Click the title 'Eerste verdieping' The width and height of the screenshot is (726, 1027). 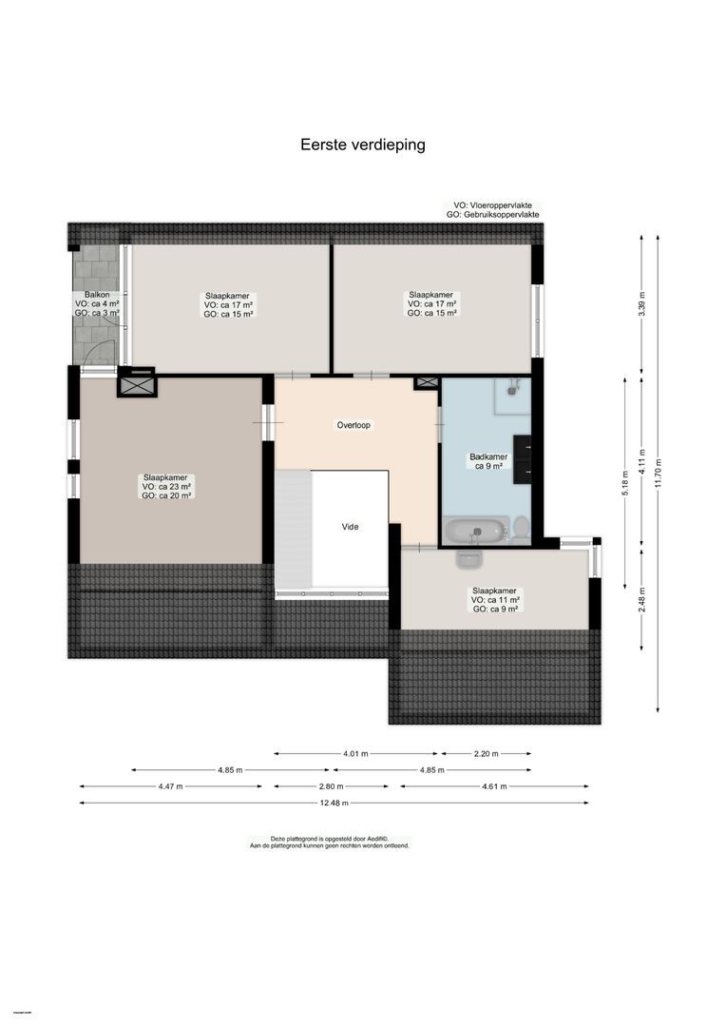(362, 145)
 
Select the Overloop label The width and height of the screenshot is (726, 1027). (353, 425)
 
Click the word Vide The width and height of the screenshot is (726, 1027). (352, 526)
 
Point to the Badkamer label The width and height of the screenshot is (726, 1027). (488, 462)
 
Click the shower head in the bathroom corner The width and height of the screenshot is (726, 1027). (514, 385)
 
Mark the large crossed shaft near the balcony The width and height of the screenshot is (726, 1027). (136, 383)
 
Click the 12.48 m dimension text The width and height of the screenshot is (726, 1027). (334, 804)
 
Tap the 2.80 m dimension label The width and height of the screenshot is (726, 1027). (332, 786)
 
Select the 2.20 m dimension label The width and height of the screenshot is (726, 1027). (487, 753)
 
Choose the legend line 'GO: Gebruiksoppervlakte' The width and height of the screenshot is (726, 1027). (492, 216)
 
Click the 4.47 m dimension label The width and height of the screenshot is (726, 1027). (171, 786)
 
